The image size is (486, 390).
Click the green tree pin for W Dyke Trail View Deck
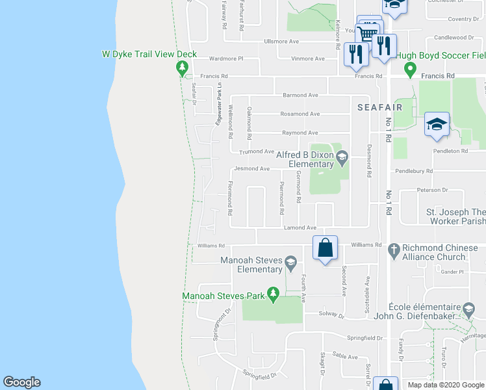(x=183, y=68)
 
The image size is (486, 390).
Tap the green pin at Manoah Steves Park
(x=274, y=295)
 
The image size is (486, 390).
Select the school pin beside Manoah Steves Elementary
(x=291, y=263)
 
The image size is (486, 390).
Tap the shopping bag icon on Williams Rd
(x=326, y=248)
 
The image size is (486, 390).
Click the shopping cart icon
(x=368, y=33)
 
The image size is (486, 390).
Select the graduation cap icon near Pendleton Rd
(x=437, y=124)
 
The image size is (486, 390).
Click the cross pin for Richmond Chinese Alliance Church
(x=392, y=249)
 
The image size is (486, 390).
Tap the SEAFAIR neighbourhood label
(x=379, y=107)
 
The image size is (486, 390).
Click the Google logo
(x=21, y=382)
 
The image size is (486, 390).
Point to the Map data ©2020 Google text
(x=445, y=385)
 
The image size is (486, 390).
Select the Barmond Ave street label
(x=300, y=95)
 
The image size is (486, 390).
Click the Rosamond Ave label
(x=300, y=114)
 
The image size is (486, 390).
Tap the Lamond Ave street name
(x=300, y=228)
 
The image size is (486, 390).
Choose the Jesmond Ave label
(x=251, y=169)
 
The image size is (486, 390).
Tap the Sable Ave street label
(x=346, y=357)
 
